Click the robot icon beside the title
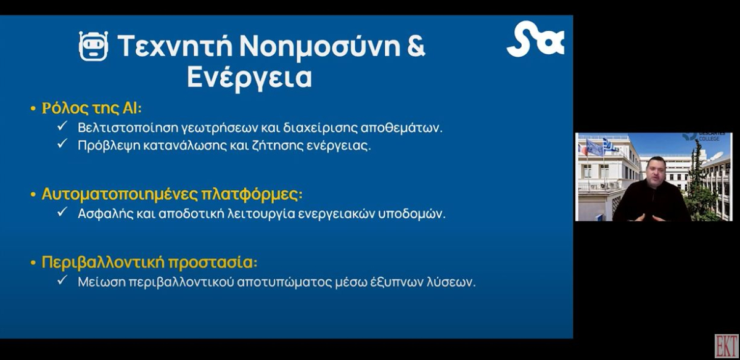[94, 46]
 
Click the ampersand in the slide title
[416, 45]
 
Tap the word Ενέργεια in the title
[249, 78]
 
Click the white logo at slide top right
[535, 39]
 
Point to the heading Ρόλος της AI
[91, 108]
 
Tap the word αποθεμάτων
[401, 128]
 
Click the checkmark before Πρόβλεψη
[62, 144]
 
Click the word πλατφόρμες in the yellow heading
[252, 194]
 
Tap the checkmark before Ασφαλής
[62, 211]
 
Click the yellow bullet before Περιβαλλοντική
[33, 263]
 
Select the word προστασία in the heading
[213, 263]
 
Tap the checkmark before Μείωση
[62, 280]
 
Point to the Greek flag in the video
[610, 145]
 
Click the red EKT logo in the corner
[726, 346]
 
